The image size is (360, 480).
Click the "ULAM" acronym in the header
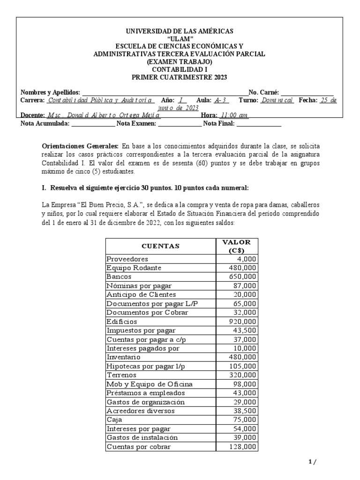pos(180,38)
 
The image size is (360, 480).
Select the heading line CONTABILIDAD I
pos(180,69)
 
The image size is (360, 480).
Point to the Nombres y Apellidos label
pos(51,92)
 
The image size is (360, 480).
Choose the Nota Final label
pos(220,124)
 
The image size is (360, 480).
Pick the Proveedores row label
pos(127,259)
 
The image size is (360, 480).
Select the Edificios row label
pos(122,322)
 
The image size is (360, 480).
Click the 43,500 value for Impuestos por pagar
pos(244,330)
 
